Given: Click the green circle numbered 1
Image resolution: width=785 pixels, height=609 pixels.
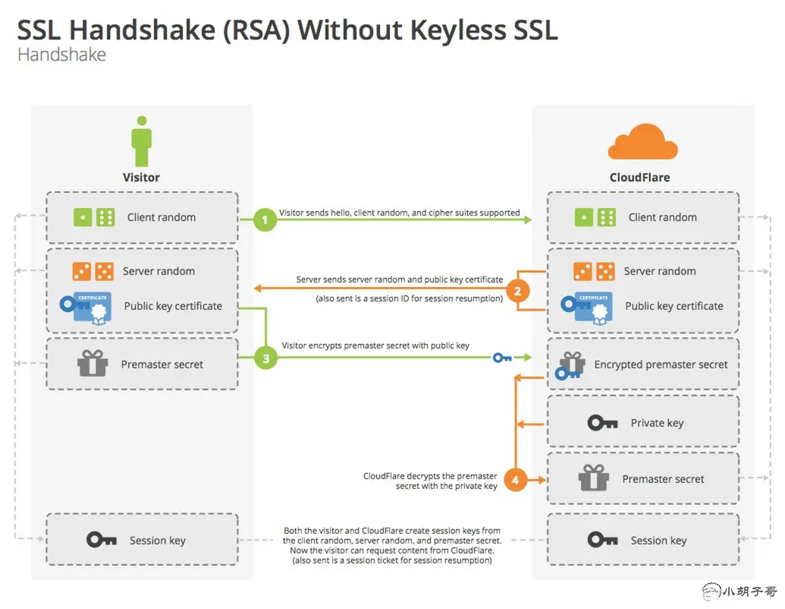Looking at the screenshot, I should [x=265, y=220].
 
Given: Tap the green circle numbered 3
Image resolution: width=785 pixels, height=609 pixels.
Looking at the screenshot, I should [x=265, y=359].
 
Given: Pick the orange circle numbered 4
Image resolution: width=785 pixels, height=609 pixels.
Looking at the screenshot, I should [x=516, y=480].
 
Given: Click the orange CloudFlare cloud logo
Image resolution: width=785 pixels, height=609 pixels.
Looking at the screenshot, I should [x=642, y=142].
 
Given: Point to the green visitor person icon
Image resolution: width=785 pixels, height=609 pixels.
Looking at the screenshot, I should [x=141, y=140].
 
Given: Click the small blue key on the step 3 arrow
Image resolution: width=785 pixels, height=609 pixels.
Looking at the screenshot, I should [x=502, y=357].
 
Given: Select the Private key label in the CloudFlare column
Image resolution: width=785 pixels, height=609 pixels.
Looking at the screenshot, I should [x=657, y=423].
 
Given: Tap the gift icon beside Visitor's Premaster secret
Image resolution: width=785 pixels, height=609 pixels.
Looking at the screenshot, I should [x=93, y=364].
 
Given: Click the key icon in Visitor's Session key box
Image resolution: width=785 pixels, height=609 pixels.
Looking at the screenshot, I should [x=101, y=540].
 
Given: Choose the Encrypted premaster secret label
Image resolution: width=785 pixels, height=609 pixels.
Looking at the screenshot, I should [x=661, y=364].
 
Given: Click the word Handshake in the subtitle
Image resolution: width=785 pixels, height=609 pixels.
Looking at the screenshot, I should [x=61, y=55].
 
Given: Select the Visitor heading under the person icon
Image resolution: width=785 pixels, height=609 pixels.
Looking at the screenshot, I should [x=141, y=178].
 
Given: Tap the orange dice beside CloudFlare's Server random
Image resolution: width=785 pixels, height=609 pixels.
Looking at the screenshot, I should [x=594, y=271].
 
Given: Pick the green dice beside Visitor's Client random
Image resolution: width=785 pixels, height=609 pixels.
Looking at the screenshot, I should [x=93, y=217].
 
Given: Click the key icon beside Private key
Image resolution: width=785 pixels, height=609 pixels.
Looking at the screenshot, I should [x=602, y=423].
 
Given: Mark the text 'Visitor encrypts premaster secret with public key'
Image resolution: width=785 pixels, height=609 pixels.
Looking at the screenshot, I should [x=375, y=346].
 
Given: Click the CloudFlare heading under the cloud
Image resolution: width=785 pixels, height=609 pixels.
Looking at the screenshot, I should [x=639, y=178].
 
